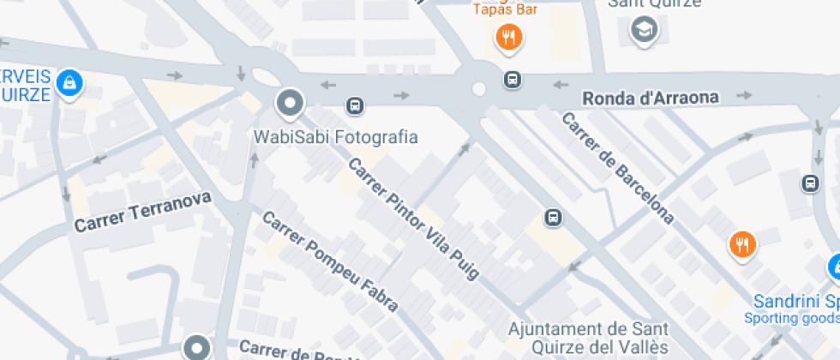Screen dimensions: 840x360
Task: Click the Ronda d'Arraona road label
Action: point(650,98)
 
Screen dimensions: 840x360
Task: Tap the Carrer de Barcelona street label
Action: point(617,168)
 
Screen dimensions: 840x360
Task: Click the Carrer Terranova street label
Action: point(142,213)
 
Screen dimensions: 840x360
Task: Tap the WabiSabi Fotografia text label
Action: point(335,137)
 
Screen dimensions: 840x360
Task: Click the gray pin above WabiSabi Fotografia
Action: point(290,105)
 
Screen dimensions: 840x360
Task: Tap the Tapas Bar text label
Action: point(505,9)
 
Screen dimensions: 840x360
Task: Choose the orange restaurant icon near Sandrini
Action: point(741,244)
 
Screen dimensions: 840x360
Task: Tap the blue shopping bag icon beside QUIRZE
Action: point(69,83)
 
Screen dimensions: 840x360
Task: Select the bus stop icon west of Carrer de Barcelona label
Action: point(554,217)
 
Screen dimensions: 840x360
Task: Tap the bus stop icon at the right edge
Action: point(810,183)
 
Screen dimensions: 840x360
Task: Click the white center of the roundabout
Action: point(479,88)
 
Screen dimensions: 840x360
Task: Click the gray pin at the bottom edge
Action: point(197,347)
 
